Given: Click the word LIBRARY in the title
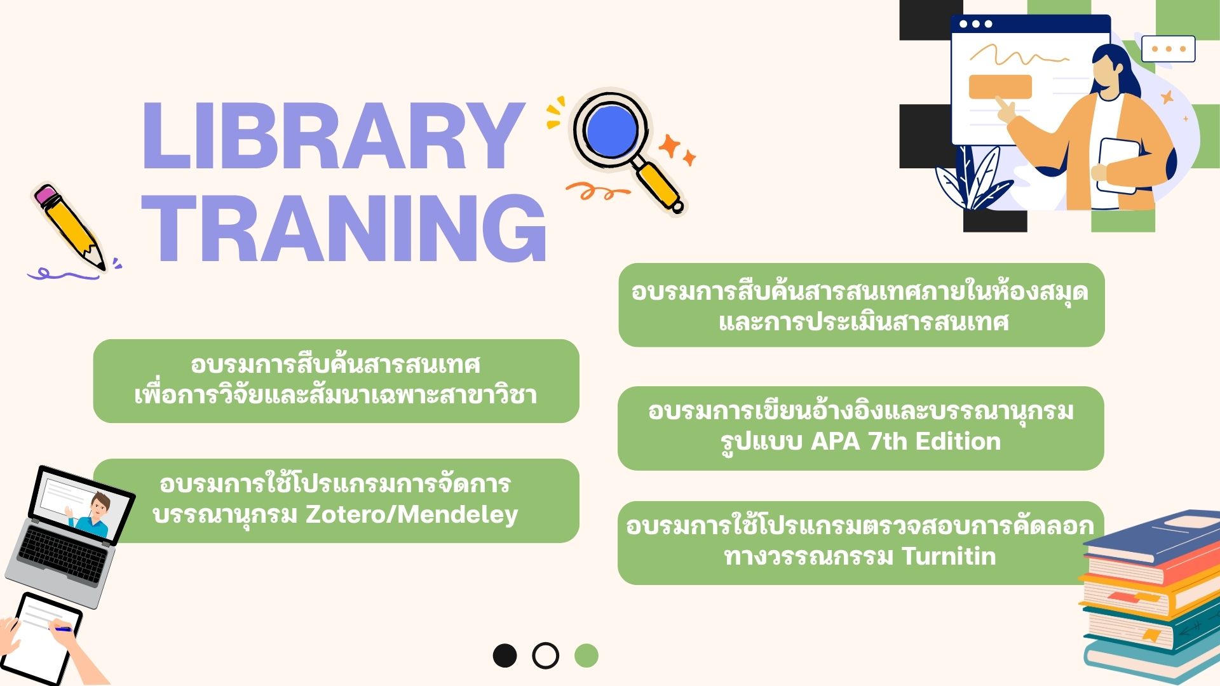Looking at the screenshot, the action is click(332, 136).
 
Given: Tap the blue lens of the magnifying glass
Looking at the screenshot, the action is click(611, 129).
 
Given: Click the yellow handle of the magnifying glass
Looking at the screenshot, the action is click(659, 184).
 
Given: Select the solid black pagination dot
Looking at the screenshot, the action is click(505, 656).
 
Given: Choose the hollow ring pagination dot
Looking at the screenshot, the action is click(545, 656).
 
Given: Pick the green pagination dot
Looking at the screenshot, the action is click(586, 656).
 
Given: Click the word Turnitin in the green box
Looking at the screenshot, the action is click(949, 556).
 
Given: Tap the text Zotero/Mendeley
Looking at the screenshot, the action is click(412, 514).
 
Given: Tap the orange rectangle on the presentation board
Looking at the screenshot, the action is click(1000, 87).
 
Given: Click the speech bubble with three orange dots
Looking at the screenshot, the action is click(1169, 49).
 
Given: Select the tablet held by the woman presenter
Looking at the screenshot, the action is click(1118, 165).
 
